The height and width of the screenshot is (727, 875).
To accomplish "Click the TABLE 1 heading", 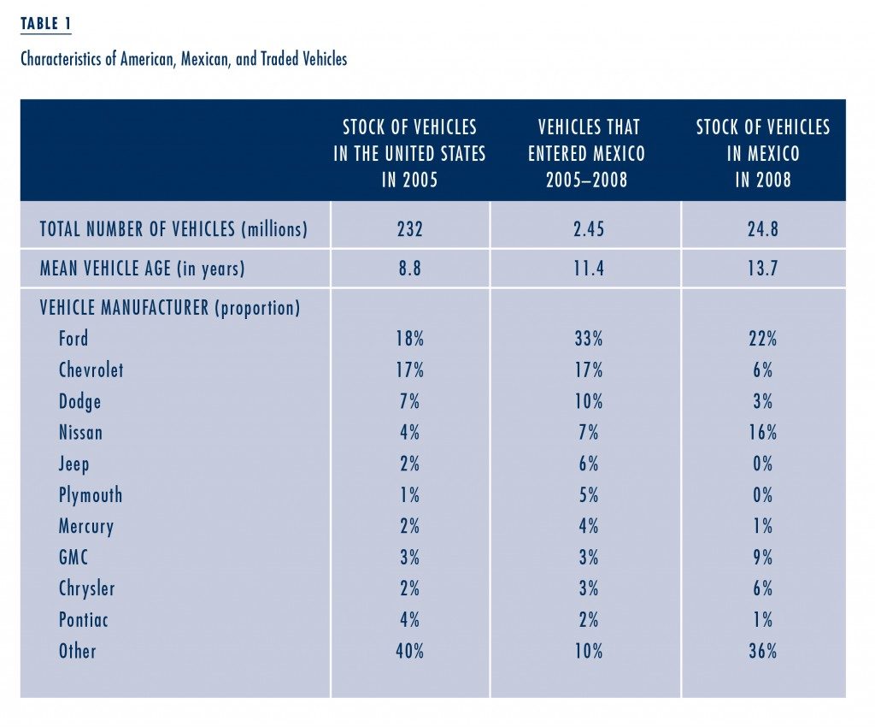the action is point(46,24).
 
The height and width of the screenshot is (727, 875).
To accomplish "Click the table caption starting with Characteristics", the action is point(184,59).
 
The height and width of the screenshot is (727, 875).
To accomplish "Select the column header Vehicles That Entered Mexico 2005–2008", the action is point(587,153).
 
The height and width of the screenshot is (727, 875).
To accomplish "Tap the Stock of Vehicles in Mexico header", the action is point(763,153).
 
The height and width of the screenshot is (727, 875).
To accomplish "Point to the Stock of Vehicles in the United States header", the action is point(409,153).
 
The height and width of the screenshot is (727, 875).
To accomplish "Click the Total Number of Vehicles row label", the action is point(173,229).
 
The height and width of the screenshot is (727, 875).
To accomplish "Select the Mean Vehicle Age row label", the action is point(143,269).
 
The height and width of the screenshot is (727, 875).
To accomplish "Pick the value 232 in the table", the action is point(409,229).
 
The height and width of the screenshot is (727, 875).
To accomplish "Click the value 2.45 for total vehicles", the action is point(588,229).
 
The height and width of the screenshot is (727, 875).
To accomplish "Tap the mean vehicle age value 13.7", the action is point(763,269).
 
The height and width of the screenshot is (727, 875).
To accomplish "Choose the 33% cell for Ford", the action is point(589,339).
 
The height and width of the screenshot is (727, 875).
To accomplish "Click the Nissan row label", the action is point(80,432).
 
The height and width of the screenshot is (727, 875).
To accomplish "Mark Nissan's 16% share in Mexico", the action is point(763,432).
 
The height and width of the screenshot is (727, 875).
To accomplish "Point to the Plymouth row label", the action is point(91,495).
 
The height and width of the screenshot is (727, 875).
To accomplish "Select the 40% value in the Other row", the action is point(409,651).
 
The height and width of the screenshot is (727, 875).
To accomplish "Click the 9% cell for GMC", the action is point(763,558).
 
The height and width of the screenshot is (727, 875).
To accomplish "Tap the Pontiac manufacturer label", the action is point(83,620).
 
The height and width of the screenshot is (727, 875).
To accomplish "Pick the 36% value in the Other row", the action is point(763,651).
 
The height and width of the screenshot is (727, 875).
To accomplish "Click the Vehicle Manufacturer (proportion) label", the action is point(170,308).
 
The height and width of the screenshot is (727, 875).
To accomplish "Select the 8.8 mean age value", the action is point(409,269).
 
